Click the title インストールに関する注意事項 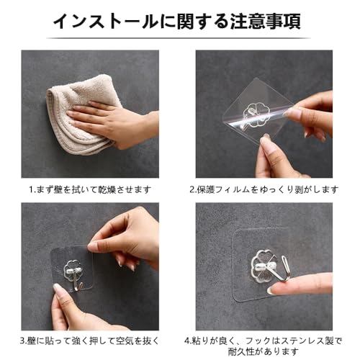(x=177, y=22)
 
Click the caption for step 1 (x=90, y=190)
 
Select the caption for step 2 (x=264, y=190)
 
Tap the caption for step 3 (x=90, y=341)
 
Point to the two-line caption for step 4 (x=264, y=346)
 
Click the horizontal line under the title (x=179, y=38)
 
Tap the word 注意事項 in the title (x=266, y=22)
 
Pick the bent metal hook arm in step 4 (x=286, y=269)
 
